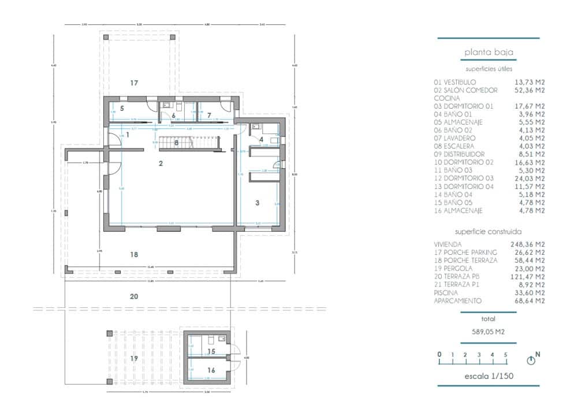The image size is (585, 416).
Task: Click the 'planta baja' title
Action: (489, 53)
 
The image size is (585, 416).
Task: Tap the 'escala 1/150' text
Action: (489, 377)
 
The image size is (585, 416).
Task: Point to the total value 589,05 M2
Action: (489, 332)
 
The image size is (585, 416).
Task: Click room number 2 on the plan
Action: (161, 164)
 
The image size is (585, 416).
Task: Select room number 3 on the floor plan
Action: (257, 203)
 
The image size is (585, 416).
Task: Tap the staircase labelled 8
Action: (176, 142)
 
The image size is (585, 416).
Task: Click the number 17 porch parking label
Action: (134, 83)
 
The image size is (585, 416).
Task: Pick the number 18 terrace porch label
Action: (134, 254)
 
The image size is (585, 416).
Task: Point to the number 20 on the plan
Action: (134, 296)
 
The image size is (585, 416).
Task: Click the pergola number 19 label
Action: (134, 358)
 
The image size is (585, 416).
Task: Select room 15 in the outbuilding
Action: (211, 351)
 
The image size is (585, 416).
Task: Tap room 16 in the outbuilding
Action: (211, 370)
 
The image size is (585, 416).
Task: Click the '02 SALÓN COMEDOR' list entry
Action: (465, 90)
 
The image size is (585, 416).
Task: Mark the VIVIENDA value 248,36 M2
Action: (528, 244)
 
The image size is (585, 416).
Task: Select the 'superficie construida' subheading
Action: (489, 231)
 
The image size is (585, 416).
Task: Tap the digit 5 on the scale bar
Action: (506, 354)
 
